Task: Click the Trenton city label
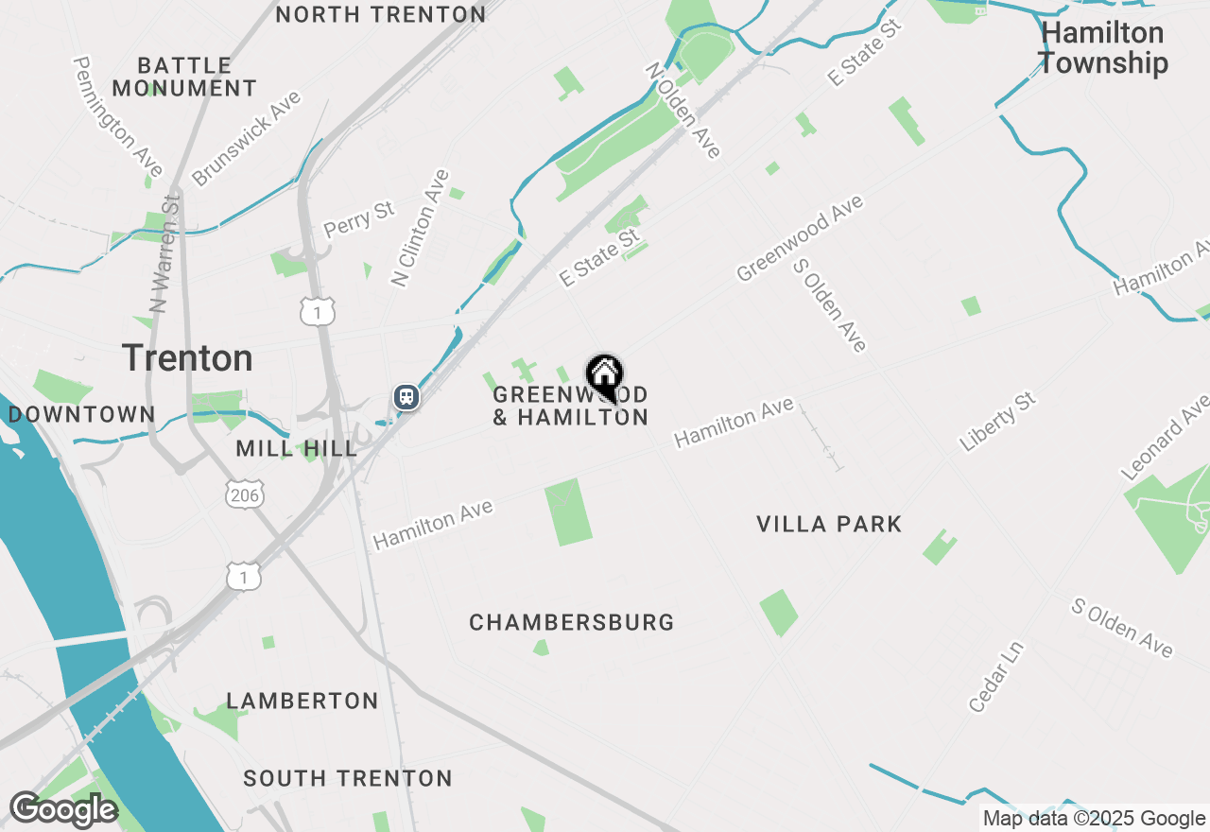tap(187, 358)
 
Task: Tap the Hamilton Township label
tap(1102, 48)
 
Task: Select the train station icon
tap(406, 396)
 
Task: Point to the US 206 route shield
tap(245, 494)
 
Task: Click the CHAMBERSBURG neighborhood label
tap(572, 622)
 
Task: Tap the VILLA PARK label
tap(829, 524)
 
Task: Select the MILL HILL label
tap(297, 448)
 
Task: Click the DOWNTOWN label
tap(81, 414)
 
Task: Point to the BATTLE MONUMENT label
tap(185, 77)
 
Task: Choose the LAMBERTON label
tap(302, 701)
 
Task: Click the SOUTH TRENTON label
tap(348, 778)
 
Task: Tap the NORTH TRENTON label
tap(381, 14)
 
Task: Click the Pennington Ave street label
tap(119, 116)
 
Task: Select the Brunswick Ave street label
tap(246, 138)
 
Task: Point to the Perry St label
tap(359, 218)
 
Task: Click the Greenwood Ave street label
tap(800, 238)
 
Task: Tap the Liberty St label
tap(998, 422)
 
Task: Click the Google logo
tap(62, 810)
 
